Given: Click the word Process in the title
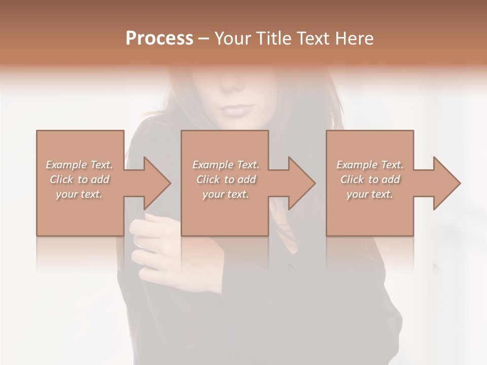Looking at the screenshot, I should [159, 39].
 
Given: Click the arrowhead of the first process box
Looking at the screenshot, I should [155, 183].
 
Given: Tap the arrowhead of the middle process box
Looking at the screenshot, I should [299, 183].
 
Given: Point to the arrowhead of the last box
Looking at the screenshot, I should [444, 183].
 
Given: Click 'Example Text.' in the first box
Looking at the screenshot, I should [79, 165].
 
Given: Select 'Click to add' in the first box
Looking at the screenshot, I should [80, 179].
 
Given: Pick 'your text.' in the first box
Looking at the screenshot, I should [79, 194].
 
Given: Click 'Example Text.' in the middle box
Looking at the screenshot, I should [226, 165].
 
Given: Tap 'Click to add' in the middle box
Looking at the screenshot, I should [226, 179].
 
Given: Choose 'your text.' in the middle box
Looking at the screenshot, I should [226, 194].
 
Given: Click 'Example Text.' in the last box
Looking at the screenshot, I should [370, 165].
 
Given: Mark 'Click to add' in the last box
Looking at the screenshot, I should [370, 179].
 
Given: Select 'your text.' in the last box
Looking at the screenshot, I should [370, 194].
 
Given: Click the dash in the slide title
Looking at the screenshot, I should [204, 39].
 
